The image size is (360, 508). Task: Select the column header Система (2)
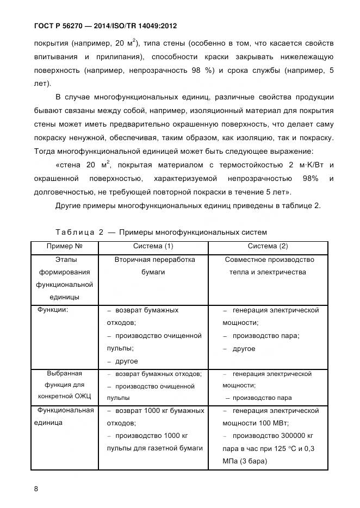pyautogui.click(x=269, y=247)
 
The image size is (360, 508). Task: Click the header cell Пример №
pyautogui.click(x=64, y=247)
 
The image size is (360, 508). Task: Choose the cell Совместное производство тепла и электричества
pyautogui.click(x=269, y=266)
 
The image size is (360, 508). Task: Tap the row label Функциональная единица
pyautogui.click(x=64, y=416)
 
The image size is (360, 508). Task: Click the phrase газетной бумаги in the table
pyautogui.click(x=177, y=448)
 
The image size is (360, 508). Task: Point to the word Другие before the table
pyautogui.click(x=69, y=205)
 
